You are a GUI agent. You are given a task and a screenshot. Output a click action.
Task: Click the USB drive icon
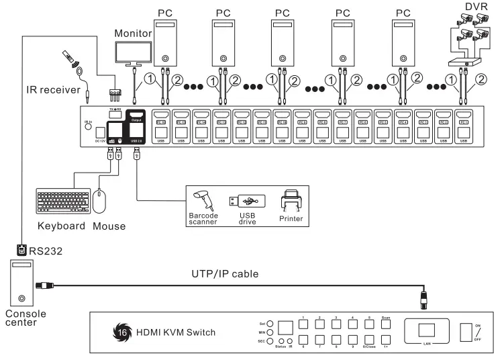(248, 201)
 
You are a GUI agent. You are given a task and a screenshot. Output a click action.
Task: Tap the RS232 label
(42, 251)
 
